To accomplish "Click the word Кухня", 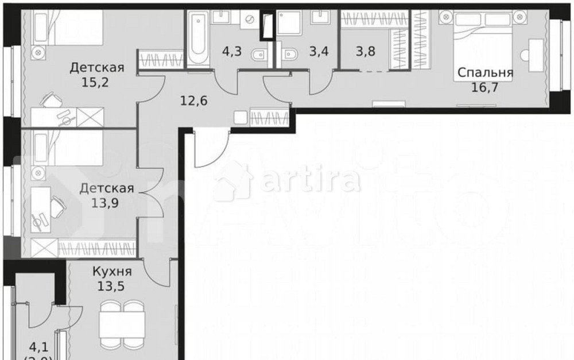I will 113,272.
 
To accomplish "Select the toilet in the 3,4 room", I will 289,55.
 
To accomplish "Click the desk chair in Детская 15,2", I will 52,102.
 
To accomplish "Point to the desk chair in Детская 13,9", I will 57,205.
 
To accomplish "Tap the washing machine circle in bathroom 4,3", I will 250,20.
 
